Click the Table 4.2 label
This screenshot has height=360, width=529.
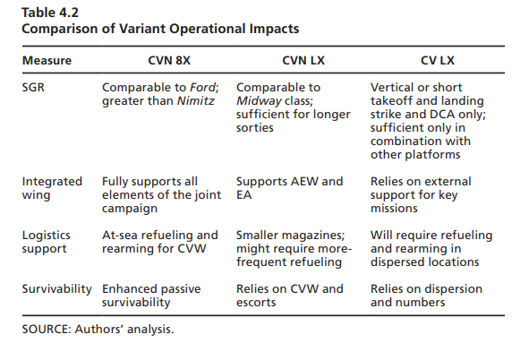click(x=50, y=13)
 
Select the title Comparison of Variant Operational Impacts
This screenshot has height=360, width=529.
click(x=160, y=29)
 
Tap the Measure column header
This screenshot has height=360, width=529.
click(x=47, y=61)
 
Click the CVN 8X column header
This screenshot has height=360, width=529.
click(x=169, y=61)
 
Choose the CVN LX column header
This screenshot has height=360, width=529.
click(x=303, y=61)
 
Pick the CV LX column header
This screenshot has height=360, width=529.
click(x=438, y=61)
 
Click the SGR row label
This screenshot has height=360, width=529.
click(x=33, y=88)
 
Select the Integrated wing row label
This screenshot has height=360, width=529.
click(x=52, y=188)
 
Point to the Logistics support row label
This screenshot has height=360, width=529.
click(x=47, y=243)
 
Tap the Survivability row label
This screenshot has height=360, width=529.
click(x=56, y=289)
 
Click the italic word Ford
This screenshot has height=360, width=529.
click(x=203, y=88)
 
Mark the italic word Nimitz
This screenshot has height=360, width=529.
click(x=196, y=101)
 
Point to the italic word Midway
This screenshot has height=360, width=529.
click(x=259, y=101)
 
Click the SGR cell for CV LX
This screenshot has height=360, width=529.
click(x=428, y=121)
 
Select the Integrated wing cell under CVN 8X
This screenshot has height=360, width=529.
click(x=162, y=195)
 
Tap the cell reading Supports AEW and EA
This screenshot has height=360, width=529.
click(x=289, y=188)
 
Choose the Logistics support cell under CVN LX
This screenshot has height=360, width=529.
click(x=294, y=249)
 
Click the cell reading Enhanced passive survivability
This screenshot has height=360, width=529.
click(x=151, y=296)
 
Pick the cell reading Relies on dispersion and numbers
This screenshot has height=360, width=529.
click(x=426, y=296)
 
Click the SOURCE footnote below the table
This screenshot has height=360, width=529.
click(x=98, y=330)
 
